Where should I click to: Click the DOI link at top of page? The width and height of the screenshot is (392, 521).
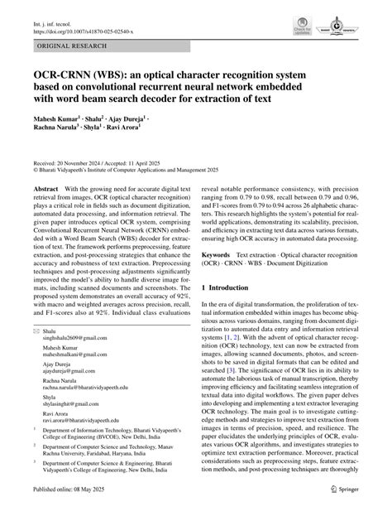[x=83, y=24]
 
